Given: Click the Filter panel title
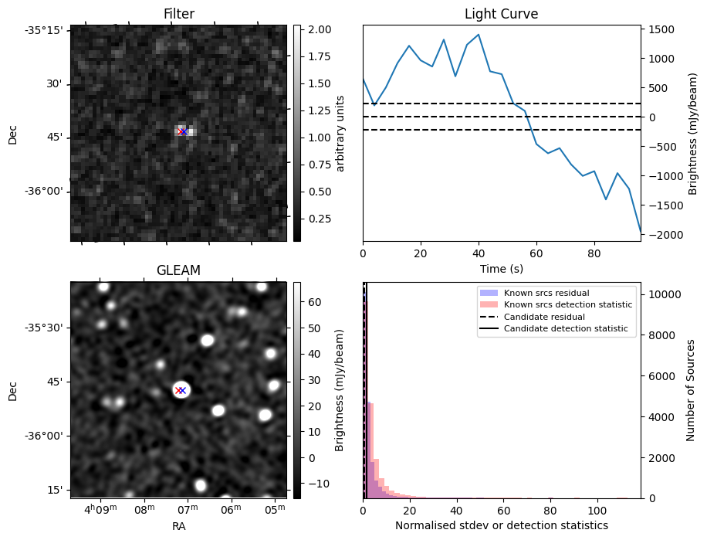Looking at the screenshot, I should click(x=178, y=14).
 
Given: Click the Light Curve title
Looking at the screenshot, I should click(x=501, y=14).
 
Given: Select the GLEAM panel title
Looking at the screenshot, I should click(x=178, y=270).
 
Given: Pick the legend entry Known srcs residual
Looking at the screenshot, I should click(x=546, y=294).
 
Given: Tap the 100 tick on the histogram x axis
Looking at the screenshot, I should click(x=597, y=511).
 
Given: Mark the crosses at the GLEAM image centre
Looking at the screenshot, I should click(x=181, y=391).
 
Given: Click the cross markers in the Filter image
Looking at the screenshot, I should click(x=182, y=132).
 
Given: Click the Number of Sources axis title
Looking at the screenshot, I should click(x=692, y=390).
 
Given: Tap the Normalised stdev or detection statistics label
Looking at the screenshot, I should click(x=501, y=525).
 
